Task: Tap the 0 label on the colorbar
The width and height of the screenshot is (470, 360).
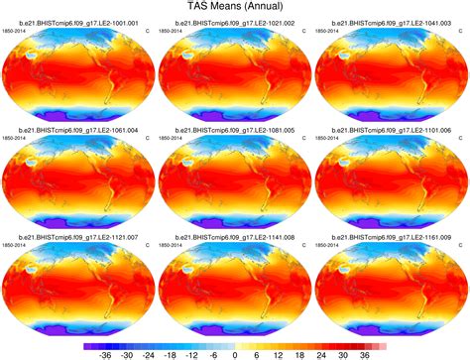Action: point(235,352)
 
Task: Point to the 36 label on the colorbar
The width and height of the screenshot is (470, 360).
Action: point(366,352)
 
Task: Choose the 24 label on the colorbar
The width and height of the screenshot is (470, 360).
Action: point(322,352)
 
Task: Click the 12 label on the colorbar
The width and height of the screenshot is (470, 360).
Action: point(279,352)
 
